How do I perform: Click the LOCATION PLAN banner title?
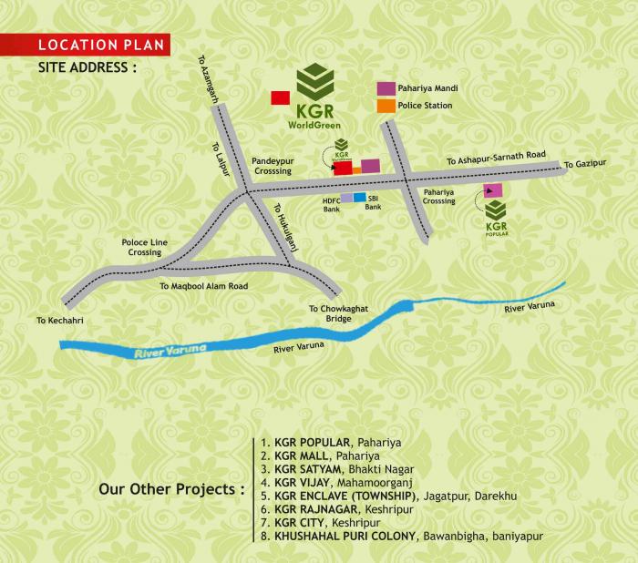point(90,44)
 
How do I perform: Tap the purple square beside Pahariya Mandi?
point(386,88)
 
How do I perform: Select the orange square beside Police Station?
point(386,106)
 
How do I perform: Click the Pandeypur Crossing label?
point(273,165)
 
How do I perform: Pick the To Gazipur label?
point(584,164)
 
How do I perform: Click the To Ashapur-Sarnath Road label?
point(496,159)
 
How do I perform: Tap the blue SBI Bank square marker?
point(360,197)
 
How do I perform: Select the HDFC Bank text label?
point(332,203)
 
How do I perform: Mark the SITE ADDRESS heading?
point(87,67)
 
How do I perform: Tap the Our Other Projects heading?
point(170,488)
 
